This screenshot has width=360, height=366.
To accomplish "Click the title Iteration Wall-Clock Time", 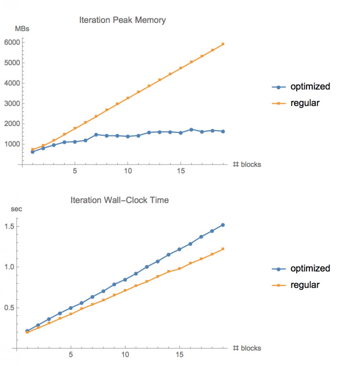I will click(120, 200).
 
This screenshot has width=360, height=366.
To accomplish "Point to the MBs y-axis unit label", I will click(22, 29).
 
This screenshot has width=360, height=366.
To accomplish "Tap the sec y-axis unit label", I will click(17, 209).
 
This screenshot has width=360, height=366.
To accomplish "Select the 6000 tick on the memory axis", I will click(11, 42).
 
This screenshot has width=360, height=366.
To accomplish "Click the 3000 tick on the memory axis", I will click(11, 104).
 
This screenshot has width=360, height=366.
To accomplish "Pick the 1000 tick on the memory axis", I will click(11, 144).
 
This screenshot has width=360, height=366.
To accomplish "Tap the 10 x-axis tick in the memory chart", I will click(127, 172).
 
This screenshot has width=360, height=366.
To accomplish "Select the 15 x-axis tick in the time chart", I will click(180, 355).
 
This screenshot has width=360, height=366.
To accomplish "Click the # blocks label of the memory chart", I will click(247, 165).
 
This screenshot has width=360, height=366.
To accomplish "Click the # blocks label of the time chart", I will click(247, 348).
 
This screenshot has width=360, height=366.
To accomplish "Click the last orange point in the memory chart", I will click(223, 44).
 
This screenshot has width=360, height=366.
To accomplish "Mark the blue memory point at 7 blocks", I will click(96, 135).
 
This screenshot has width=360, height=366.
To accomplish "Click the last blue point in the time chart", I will click(223, 225).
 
